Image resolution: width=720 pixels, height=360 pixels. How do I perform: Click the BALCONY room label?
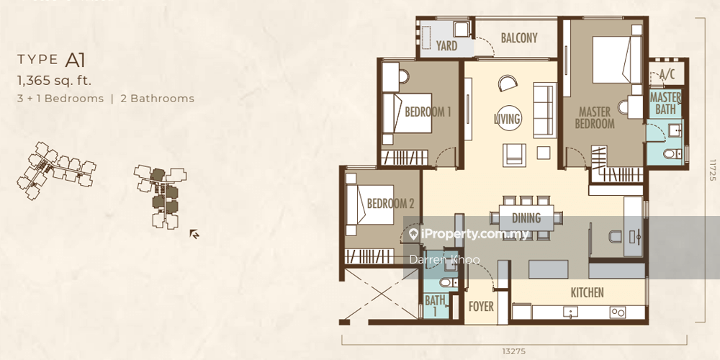519,37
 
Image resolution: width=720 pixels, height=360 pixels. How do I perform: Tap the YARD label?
446,46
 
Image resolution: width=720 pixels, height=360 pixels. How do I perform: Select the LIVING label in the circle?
508,119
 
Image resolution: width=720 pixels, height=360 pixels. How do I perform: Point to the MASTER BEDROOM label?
595,118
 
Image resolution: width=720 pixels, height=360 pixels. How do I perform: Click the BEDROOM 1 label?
428,112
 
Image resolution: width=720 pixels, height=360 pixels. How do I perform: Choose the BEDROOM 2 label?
391,204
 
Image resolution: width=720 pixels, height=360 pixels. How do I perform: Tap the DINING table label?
526,217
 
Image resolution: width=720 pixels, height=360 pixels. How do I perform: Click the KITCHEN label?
587,292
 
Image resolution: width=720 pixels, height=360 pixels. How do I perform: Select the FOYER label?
481,306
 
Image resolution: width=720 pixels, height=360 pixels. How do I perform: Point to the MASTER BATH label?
665,103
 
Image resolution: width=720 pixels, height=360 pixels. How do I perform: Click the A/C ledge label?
667,74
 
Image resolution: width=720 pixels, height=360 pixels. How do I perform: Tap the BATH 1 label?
435,306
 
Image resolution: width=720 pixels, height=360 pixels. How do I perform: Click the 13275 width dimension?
513,351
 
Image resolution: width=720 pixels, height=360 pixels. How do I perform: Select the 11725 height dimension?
712,170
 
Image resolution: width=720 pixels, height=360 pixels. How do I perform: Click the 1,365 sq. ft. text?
54,81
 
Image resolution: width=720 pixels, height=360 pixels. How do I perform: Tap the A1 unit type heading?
76,60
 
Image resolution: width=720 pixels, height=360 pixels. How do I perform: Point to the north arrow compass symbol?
194,234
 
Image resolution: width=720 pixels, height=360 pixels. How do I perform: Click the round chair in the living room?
508,83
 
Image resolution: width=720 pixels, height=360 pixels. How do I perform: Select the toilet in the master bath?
672,154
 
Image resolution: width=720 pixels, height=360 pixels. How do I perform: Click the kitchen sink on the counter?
570,312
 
